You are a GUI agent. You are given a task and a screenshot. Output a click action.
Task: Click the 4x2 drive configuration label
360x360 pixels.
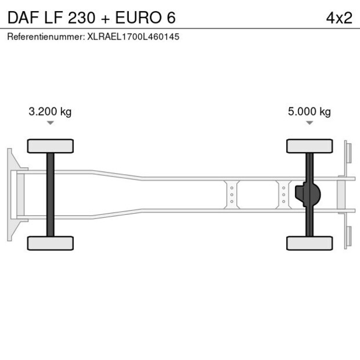click(x=339, y=17)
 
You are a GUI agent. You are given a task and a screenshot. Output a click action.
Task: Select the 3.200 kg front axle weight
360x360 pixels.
click(x=50, y=111)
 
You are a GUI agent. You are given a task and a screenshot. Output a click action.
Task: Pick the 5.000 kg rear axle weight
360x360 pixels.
click(x=309, y=111)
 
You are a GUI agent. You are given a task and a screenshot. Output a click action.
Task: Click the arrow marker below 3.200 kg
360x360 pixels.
click(x=51, y=123)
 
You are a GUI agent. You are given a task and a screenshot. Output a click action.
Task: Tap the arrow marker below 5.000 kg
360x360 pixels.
click(x=309, y=123)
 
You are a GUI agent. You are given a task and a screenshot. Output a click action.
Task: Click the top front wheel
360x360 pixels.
click(x=51, y=146)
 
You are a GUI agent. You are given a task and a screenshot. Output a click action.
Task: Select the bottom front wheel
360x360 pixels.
click(x=51, y=243)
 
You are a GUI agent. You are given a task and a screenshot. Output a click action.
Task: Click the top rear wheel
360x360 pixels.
click(x=309, y=146)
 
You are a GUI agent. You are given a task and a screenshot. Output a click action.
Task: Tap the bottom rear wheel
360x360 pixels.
click(x=309, y=243)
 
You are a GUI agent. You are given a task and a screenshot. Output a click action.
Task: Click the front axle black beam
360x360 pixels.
click(x=51, y=195)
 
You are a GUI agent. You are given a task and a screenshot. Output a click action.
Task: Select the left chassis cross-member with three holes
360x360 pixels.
click(x=232, y=195)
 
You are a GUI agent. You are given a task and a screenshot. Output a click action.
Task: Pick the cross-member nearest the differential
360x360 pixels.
click(x=283, y=195)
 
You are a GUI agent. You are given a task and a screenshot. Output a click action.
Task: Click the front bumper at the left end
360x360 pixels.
click(x=10, y=195)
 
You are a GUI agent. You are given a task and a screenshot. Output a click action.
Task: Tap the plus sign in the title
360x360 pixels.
click(x=105, y=17)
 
